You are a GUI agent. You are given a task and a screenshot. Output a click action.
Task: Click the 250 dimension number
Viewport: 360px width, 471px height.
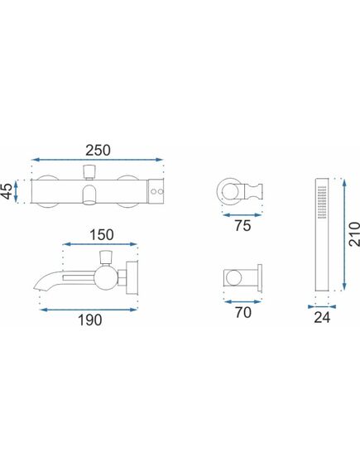[x=98, y=151]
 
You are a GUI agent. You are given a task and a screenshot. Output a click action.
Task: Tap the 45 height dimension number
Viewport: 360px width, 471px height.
[x=7, y=191]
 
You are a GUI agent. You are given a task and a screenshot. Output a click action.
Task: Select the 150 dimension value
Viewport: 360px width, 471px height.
[x=102, y=235]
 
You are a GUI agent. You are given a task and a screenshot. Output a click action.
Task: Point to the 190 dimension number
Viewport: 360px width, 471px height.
[x=90, y=320]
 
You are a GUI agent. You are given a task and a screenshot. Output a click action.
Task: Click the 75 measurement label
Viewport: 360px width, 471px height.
[x=242, y=226]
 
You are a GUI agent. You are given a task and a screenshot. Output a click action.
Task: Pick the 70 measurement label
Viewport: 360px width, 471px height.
[x=243, y=313]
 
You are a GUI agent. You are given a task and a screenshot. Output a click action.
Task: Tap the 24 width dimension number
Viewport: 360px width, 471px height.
[x=322, y=318]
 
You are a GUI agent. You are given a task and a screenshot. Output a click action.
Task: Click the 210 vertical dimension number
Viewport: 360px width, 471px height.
[x=354, y=234]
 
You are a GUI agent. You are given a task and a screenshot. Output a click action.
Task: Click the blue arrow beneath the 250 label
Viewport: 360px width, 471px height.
[x=98, y=160]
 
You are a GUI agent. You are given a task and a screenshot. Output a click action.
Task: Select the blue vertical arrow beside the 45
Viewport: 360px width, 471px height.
[x=17, y=191]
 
